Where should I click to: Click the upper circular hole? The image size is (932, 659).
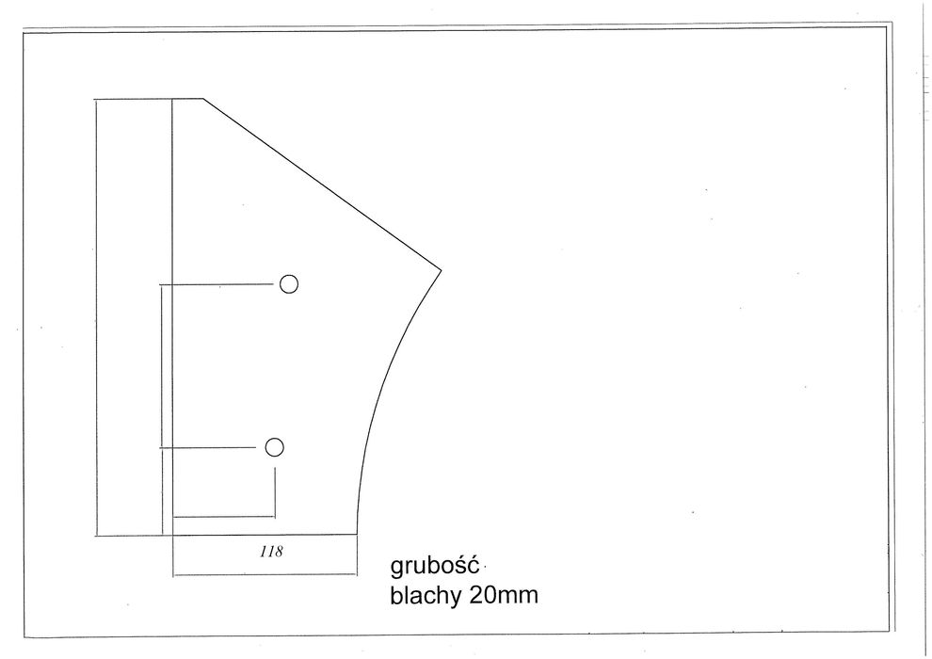(x=289, y=283)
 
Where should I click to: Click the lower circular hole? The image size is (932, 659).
(x=274, y=447)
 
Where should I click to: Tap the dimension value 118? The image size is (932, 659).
(x=271, y=553)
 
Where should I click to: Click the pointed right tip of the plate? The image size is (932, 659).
(x=441, y=271)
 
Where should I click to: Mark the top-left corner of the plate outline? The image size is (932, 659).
(x=96, y=98)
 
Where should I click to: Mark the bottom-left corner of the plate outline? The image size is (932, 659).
(x=97, y=535)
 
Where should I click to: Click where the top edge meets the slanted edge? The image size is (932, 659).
(x=204, y=98)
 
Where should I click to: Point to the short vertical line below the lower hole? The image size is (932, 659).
(x=274, y=490)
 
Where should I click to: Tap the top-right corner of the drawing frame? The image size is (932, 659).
(x=887, y=29)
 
